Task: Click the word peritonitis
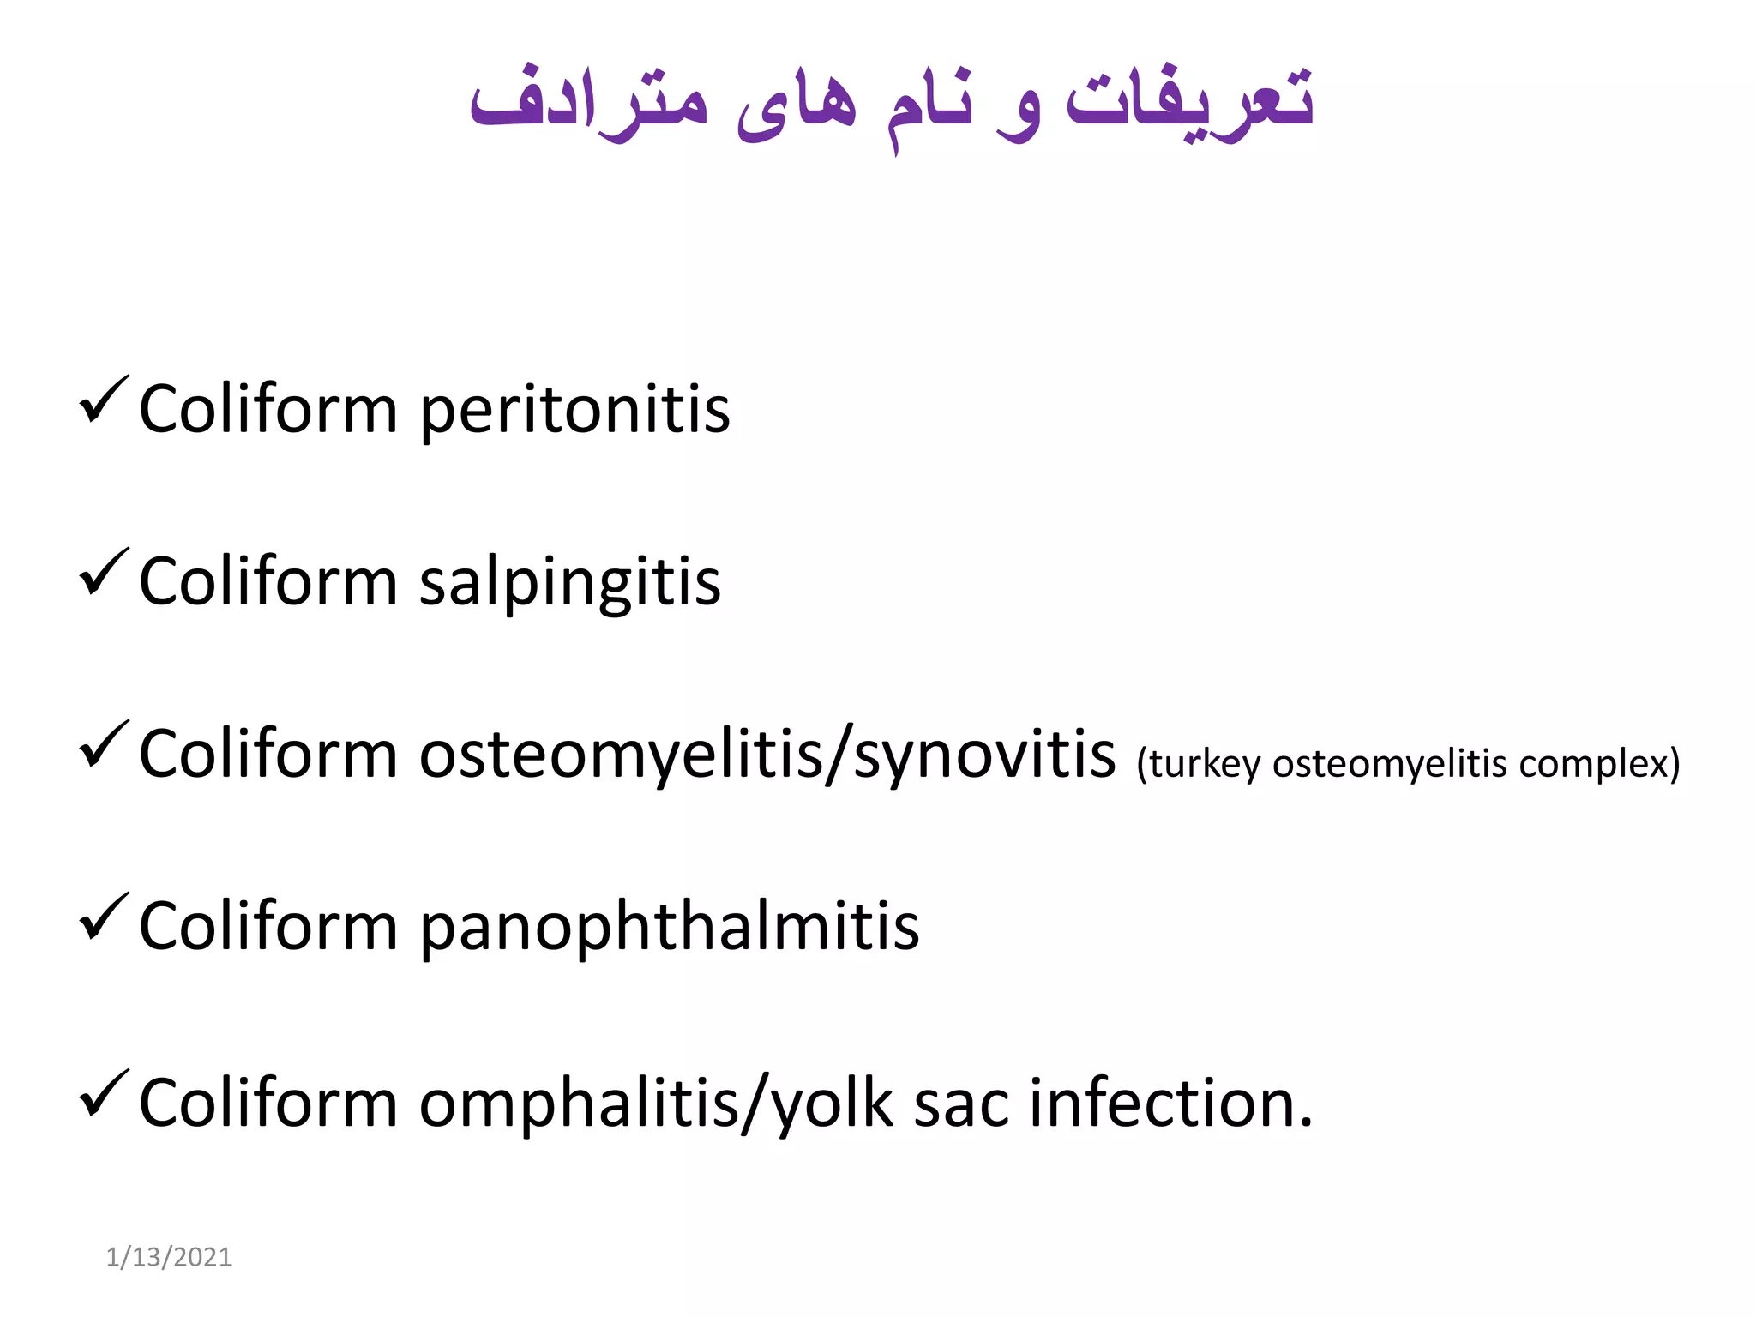[x=574, y=412]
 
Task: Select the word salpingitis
[x=569, y=583]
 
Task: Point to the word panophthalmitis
[x=669, y=929]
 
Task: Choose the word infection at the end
[x=1170, y=1104]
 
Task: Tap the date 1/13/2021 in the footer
[x=169, y=1257]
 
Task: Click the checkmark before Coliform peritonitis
[x=104, y=400]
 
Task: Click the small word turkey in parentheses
[x=1204, y=764]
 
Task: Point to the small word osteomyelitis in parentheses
[x=1389, y=764]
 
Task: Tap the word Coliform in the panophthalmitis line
[x=268, y=927]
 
